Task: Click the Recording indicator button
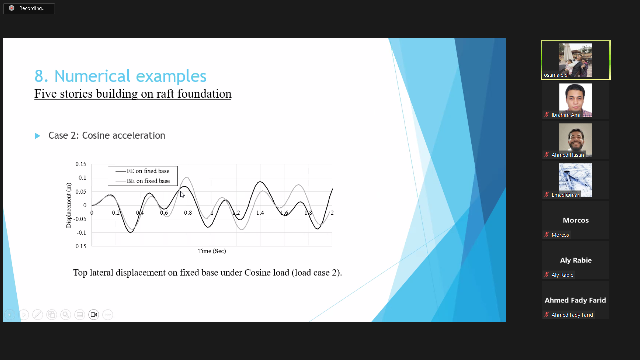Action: (x=29, y=8)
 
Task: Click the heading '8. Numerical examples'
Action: (x=120, y=76)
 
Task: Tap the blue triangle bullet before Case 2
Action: (x=37, y=136)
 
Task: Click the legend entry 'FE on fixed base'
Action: (x=142, y=171)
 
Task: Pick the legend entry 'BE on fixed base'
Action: (x=142, y=181)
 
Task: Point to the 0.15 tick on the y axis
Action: (x=81, y=164)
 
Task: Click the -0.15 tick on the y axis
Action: (x=80, y=246)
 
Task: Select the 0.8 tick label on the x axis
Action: (x=188, y=213)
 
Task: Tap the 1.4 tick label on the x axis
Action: (x=260, y=213)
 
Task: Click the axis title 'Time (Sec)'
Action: (x=212, y=251)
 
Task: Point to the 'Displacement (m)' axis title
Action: (x=69, y=205)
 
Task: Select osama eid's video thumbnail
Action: (x=576, y=60)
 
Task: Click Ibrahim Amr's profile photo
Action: (x=576, y=100)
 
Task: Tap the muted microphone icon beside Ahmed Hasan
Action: (x=547, y=155)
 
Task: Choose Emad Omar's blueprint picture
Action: (x=576, y=180)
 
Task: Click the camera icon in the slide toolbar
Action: (x=94, y=315)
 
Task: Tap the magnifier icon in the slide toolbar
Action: (x=66, y=315)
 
